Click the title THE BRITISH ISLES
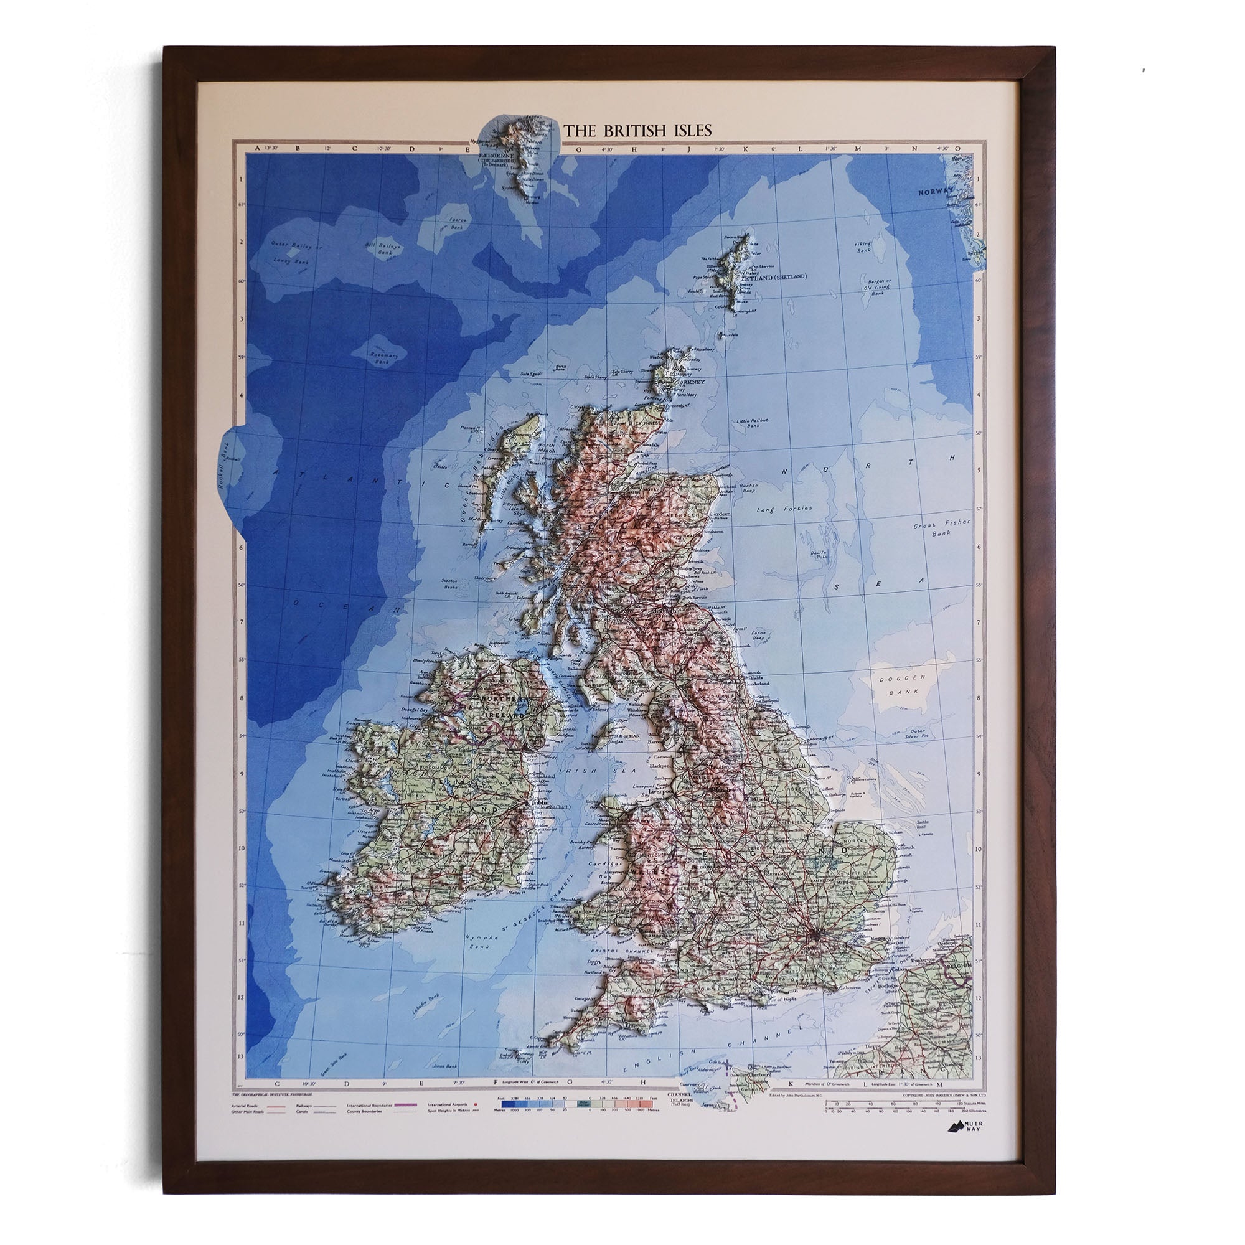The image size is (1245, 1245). coord(638,130)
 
